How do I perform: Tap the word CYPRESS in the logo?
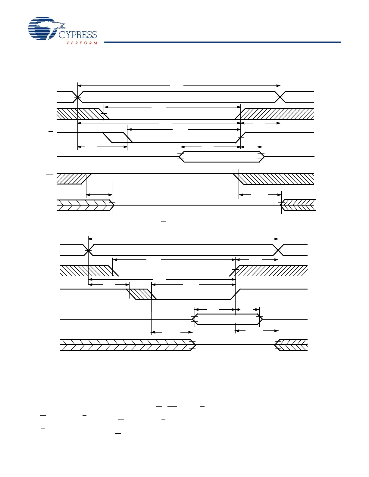pos(78,35)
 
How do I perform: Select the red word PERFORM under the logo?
pos(82,43)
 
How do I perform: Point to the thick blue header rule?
pos(223,42)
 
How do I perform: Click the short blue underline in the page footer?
pos(60,474)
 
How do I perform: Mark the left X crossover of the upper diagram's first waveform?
pos(78,97)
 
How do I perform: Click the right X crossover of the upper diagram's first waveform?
pos(280,97)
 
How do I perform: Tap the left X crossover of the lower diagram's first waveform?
pos(88,250)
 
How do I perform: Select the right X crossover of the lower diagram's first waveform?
pos(278,250)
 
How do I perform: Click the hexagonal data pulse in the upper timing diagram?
pos(221,156)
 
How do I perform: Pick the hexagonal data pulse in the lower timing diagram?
pos(227,319)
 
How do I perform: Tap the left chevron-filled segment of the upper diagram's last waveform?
pos(84,205)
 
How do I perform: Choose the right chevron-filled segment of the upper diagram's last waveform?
pos(298,205)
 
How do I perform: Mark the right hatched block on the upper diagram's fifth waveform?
pos(276,179)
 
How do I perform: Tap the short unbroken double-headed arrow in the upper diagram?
pos(99,195)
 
